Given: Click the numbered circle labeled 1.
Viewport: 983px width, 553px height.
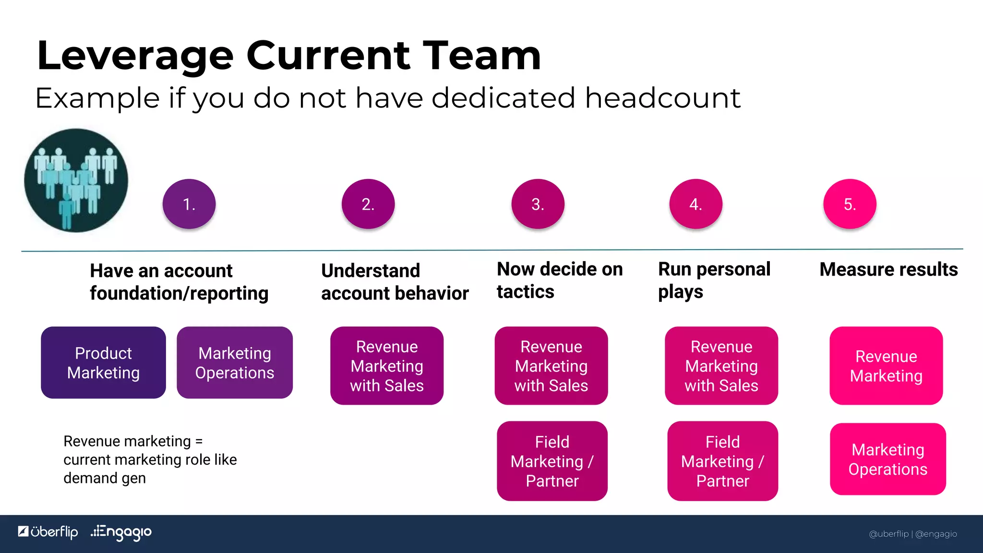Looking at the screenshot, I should pyautogui.click(x=189, y=204).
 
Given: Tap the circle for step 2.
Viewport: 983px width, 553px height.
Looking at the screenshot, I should pyautogui.click(x=368, y=204).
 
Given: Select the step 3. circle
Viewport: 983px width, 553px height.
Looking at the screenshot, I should pyautogui.click(x=538, y=204).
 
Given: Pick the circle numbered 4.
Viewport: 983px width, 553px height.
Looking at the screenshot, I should pyautogui.click(x=695, y=204).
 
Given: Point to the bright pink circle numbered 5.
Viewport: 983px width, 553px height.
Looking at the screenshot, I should pyautogui.click(x=850, y=204).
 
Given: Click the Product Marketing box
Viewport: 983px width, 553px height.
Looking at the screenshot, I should pyautogui.click(x=103, y=363).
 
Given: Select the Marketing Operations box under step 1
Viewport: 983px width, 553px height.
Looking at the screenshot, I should pyautogui.click(x=235, y=363).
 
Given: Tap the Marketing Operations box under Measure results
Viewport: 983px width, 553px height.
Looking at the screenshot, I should pyautogui.click(x=888, y=459).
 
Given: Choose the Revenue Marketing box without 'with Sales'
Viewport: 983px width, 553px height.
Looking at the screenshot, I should pyautogui.click(x=886, y=366).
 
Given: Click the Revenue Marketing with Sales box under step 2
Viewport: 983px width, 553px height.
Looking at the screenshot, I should pyautogui.click(x=387, y=366).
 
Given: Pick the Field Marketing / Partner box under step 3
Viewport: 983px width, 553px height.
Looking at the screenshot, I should pyautogui.click(x=552, y=461).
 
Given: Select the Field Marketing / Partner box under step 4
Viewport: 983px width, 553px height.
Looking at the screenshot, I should pyautogui.click(x=722, y=461).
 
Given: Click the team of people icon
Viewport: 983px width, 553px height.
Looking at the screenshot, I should pyautogui.click(x=76, y=180).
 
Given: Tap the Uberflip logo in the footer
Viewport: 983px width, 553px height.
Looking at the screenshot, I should pyautogui.click(x=48, y=532).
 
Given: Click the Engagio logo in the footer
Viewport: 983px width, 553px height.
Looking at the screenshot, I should pyautogui.click(x=121, y=532).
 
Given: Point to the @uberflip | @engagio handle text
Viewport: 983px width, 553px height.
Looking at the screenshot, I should pyautogui.click(x=912, y=534).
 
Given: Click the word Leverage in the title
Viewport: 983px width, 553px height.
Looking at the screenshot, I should pyautogui.click(x=135, y=57).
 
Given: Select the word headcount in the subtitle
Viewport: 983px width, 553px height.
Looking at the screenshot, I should pyautogui.click(x=662, y=98).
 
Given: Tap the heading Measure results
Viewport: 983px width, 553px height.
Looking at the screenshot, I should pyautogui.click(x=888, y=269).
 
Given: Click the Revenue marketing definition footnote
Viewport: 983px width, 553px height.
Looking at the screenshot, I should pyautogui.click(x=150, y=459).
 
